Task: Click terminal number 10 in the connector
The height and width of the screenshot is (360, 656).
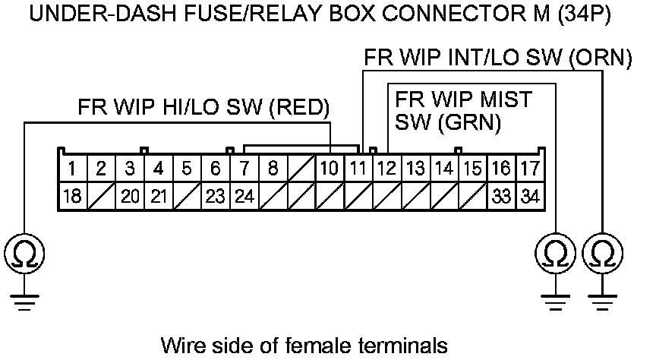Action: click(x=328, y=168)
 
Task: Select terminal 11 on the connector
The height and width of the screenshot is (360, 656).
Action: click(x=357, y=168)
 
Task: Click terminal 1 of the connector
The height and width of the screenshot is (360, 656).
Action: click(x=72, y=168)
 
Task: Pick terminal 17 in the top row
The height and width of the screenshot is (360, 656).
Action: click(x=529, y=168)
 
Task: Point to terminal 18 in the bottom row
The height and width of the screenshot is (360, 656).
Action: click(x=72, y=196)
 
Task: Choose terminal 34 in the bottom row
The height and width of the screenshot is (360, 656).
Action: click(x=529, y=196)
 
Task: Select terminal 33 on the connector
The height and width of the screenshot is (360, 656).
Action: click(x=501, y=196)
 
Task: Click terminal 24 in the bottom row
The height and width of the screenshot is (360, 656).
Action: click(x=243, y=196)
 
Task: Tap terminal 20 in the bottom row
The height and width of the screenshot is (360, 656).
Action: click(x=129, y=196)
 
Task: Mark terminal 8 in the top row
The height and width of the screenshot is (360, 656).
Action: click(x=272, y=168)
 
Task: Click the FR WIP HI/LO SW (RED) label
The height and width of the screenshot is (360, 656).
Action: click(x=203, y=107)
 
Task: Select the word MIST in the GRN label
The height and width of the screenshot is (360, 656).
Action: click(x=506, y=99)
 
